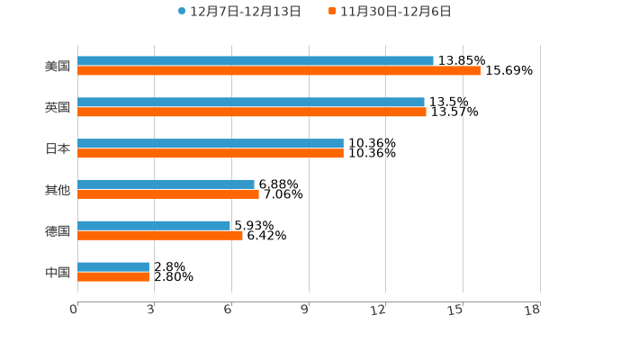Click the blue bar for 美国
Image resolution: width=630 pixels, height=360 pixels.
coord(256,61)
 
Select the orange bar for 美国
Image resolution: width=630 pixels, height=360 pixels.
coord(279,71)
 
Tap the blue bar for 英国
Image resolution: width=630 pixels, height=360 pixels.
coord(251,103)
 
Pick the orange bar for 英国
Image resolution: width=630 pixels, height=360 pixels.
coord(252,112)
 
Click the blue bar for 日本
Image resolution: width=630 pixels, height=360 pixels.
coord(211,144)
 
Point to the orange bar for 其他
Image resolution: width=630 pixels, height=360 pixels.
coord(168,194)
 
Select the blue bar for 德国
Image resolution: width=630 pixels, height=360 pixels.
coord(154,226)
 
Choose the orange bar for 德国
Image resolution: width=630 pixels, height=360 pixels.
coord(160,236)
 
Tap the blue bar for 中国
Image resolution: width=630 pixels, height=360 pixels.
coord(113,267)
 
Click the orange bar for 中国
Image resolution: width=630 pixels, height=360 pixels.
coord(113,277)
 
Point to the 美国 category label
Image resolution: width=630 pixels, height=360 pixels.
coord(58,67)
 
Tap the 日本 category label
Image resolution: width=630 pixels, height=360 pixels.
coord(58,148)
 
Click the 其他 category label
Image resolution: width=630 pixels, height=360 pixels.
coord(58,190)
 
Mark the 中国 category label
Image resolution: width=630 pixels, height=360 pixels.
coord(58,272)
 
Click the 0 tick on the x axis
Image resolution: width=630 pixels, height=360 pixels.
coord(74,310)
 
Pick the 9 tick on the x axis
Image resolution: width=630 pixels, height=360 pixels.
coord(305,310)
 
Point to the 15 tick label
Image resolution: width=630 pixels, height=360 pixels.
coord(455,310)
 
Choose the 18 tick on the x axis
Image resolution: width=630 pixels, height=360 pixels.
coord(533,310)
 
